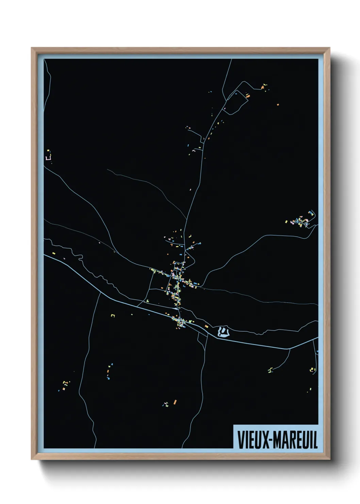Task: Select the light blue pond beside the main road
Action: (223, 332)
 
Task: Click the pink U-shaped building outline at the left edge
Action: (49, 158)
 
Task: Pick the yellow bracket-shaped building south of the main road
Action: (113, 316)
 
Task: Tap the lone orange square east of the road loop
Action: (278, 105)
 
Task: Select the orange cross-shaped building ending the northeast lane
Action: (262, 88)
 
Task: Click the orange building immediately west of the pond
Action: (206, 326)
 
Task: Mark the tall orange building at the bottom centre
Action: (175, 402)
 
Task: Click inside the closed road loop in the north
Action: (235, 102)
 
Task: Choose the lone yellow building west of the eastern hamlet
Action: (286, 222)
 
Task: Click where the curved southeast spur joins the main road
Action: (290, 349)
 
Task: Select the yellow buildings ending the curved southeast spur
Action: (271, 370)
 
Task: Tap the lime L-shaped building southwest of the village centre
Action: (148, 300)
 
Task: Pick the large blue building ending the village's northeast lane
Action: (199, 243)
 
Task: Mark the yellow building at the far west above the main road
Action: (54, 253)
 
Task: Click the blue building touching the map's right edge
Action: (317, 351)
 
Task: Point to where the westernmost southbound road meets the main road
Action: (100, 292)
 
